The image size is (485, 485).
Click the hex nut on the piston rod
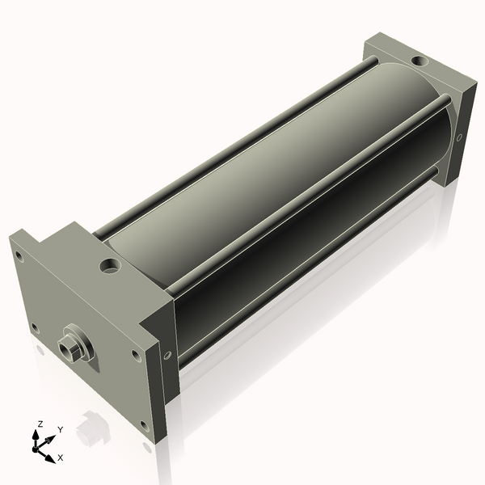pyautogui.click(x=68, y=350)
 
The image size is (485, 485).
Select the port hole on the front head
pyautogui.click(x=110, y=265)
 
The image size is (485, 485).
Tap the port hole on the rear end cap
pyautogui.click(x=419, y=61)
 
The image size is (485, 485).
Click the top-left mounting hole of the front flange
pyautogui.click(x=19, y=256)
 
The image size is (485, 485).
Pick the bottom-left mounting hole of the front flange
pyautogui.click(x=35, y=328)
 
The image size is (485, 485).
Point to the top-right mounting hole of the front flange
pyautogui.click(x=135, y=355)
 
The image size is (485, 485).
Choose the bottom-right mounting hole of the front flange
pyautogui.click(x=144, y=425)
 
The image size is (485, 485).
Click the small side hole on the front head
pyautogui.click(x=167, y=355)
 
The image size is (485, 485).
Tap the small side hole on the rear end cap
pyautogui.click(x=460, y=137)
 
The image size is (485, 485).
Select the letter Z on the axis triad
pyautogui.click(x=40, y=424)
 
